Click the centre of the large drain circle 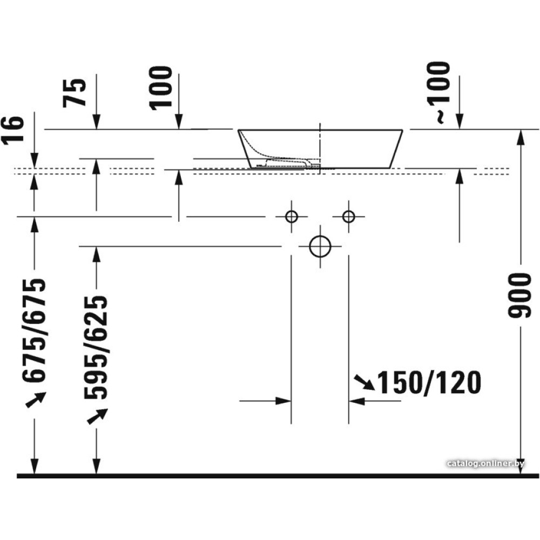320,247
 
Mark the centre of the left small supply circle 292,217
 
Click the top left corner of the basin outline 238,130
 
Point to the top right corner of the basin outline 402,130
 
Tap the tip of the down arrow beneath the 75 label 97,129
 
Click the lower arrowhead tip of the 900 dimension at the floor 521,474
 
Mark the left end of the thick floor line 17,476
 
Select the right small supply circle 349,217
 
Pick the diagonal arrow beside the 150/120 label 365,382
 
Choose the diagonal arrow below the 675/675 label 36,400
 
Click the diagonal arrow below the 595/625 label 97,416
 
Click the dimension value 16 13,129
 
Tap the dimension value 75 75,93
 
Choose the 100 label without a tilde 160,88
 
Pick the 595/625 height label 96,347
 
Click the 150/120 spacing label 429,383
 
